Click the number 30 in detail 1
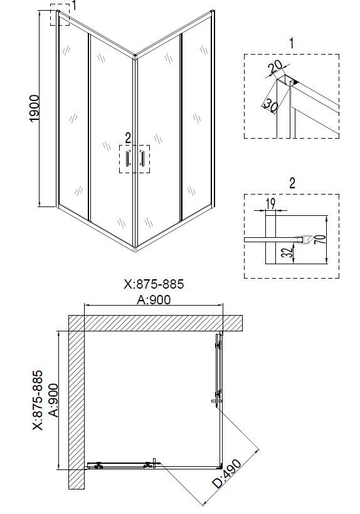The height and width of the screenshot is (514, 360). click(270, 104)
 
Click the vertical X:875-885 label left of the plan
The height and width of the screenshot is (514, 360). click(37, 400)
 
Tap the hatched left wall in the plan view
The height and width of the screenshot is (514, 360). click(76, 408)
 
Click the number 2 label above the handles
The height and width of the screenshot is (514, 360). click(127, 136)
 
